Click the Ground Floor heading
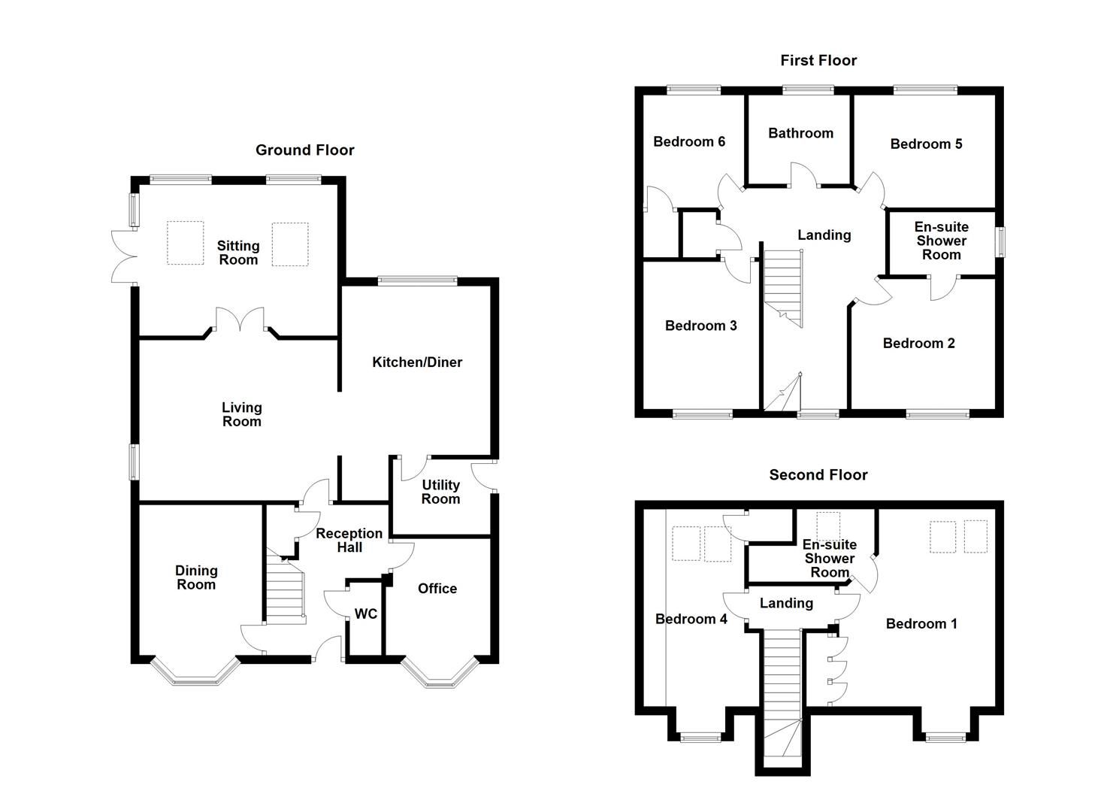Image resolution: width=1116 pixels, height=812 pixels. pyautogui.click(x=304, y=150)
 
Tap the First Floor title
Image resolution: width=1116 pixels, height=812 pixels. pyautogui.click(x=818, y=60)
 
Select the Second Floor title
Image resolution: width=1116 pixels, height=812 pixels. pyautogui.click(x=818, y=474)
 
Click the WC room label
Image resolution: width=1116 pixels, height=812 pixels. pyautogui.click(x=366, y=614)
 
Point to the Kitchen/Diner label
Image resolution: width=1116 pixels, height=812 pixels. pyautogui.click(x=417, y=362)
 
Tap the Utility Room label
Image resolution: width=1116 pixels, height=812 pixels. pyautogui.click(x=440, y=492)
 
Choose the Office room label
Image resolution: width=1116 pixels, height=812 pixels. pyautogui.click(x=437, y=589)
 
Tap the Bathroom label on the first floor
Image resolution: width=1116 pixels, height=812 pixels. pyautogui.click(x=800, y=133)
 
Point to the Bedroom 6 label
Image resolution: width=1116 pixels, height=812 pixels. pyautogui.click(x=689, y=141)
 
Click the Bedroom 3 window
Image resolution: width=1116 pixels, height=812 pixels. pyautogui.click(x=702, y=413)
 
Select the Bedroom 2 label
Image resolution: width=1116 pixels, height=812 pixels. pyautogui.click(x=918, y=344)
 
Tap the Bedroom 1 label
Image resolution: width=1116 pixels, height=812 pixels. pyautogui.click(x=921, y=623)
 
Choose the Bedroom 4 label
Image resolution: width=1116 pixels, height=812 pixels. pyautogui.click(x=691, y=619)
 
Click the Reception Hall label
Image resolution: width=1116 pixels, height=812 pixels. pyautogui.click(x=349, y=540)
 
